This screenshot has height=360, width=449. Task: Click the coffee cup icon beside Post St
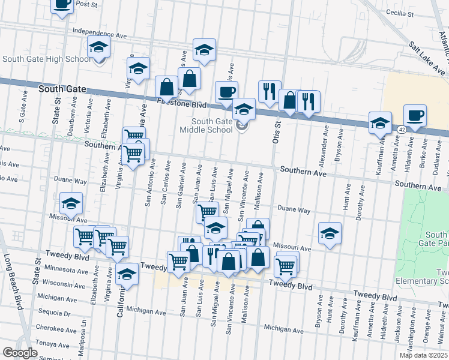point(62,5)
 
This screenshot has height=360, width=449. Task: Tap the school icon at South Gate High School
point(99,47)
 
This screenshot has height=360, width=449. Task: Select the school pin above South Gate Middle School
point(244,110)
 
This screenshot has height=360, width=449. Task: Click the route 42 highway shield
point(400,129)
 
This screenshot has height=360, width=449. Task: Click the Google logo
point(20,353)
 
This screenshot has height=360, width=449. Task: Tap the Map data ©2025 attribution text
point(424,355)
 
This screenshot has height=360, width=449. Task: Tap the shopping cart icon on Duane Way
point(207,212)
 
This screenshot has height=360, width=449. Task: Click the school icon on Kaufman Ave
point(380,123)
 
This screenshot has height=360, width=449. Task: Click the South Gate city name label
point(59,89)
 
